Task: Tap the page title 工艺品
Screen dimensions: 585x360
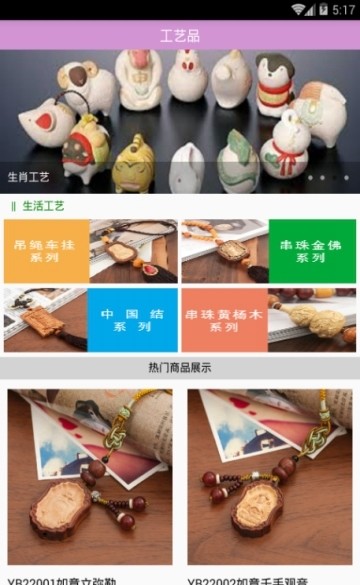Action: (x=180, y=36)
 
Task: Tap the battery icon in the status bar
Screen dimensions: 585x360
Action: (x=324, y=9)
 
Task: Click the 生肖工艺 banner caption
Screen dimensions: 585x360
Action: (x=29, y=177)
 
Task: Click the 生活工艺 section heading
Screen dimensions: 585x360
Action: (x=43, y=206)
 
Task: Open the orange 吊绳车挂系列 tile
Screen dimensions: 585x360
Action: (x=45, y=251)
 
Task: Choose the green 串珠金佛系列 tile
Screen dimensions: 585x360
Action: (x=311, y=251)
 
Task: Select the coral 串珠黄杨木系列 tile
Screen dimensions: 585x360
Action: (x=224, y=320)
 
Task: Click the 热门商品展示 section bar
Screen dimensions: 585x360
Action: (x=180, y=368)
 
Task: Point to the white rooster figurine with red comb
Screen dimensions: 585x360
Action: (x=186, y=74)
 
